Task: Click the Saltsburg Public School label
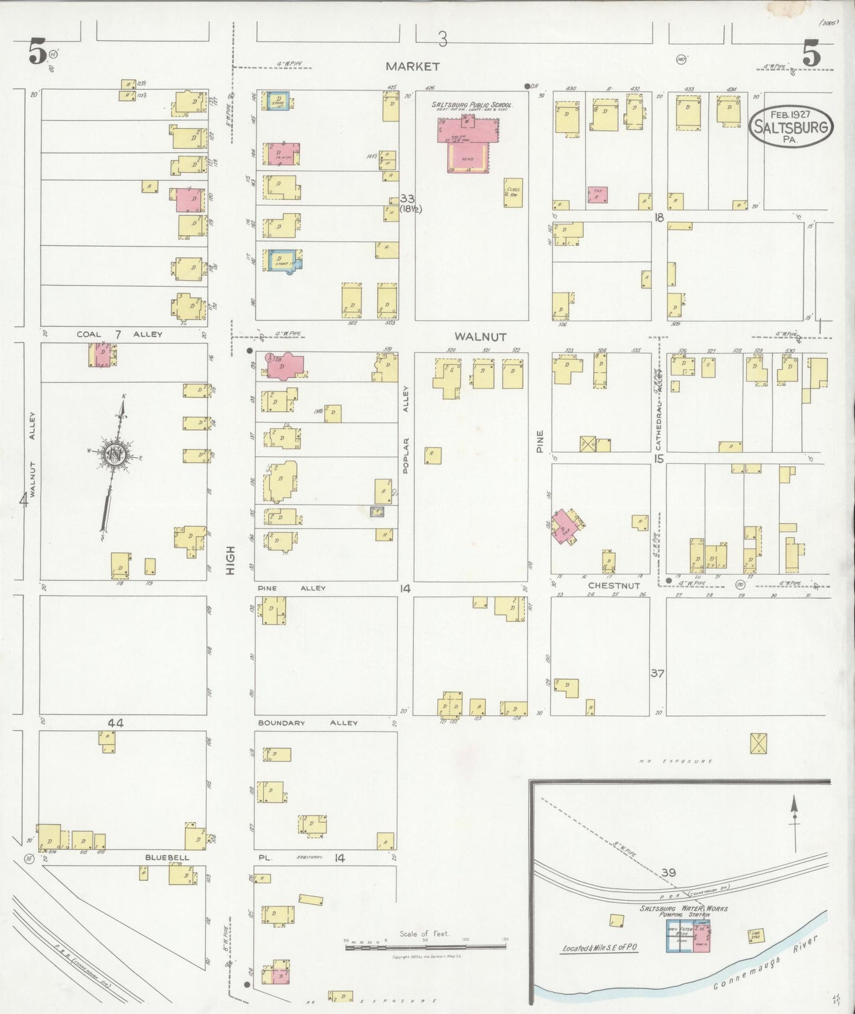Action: click(472, 104)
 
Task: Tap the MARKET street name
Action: click(412, 66)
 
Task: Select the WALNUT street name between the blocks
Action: click(480, 337)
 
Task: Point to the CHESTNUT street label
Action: click(614, 586)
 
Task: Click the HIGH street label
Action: click(231, 560)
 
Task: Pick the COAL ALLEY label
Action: click(120, 334)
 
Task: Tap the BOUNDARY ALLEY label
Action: click(308, 723)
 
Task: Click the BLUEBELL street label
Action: click(167, 857)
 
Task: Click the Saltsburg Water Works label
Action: click(684, 908)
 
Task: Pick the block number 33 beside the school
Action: click(407, 199)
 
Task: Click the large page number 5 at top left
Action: click(37, 55)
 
